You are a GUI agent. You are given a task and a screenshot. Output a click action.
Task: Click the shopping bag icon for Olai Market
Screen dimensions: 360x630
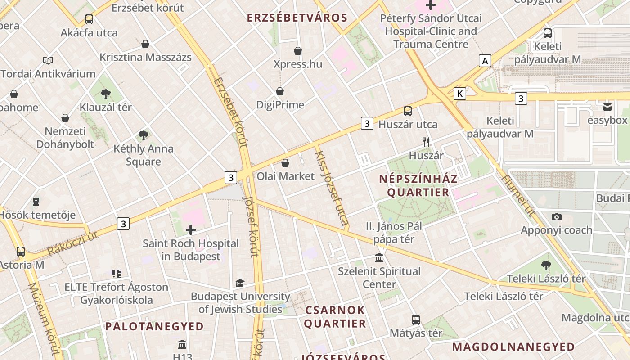(x=285, y=162)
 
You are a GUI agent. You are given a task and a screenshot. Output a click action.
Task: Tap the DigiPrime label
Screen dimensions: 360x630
(x=280, y=105)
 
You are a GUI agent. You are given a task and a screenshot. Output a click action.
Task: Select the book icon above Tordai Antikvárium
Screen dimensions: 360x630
(x=48, y=60)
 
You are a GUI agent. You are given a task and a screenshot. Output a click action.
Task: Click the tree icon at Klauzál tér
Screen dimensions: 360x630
(x=106, y=94)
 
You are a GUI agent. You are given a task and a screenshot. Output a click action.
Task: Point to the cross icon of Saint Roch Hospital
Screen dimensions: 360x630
(x=191, y=230)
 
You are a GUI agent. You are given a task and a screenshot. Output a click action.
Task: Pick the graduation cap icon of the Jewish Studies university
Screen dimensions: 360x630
(x=240, y=283)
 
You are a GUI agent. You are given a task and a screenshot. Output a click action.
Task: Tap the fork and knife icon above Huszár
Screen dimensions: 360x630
(x=426, y=142)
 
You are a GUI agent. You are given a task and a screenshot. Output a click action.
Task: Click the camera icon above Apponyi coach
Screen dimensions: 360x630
(x=556, y=217)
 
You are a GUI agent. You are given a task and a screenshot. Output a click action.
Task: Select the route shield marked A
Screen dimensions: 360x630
(x=485, y=61)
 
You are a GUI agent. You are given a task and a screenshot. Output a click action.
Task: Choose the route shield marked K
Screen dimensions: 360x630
(x=459, y=94)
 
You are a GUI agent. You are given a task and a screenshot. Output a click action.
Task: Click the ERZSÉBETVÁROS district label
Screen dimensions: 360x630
(x=297, y=18)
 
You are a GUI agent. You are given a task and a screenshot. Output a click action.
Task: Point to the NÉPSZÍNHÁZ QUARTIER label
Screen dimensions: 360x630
(x=418, y=185)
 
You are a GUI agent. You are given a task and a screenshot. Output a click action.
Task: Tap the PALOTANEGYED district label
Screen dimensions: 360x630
(x=154, y=326)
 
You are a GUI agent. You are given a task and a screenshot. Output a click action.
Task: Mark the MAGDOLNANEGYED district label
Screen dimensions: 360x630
(x=513, y=347)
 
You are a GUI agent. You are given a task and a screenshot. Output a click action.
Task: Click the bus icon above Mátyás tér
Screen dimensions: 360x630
(x=416, y=320)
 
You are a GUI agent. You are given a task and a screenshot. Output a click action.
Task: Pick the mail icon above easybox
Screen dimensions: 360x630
(x=607, y=107)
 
